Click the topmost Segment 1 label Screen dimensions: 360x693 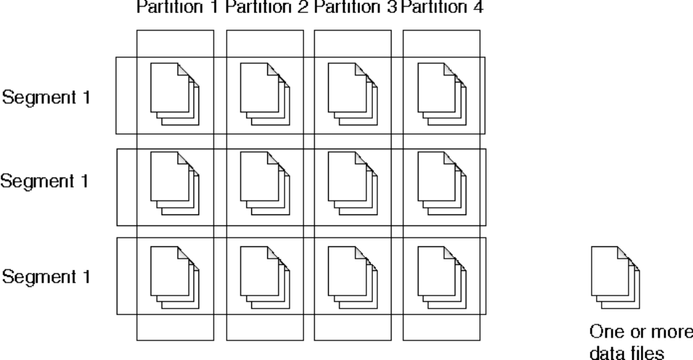pyautogui.click(x=47, y=97)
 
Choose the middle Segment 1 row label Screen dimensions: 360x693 pyautogui.click(x=45, y=181)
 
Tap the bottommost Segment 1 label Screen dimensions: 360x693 pyautogui.click(x=47, y=276)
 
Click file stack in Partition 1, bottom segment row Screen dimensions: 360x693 pyautogui.click(x=175, y=276)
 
